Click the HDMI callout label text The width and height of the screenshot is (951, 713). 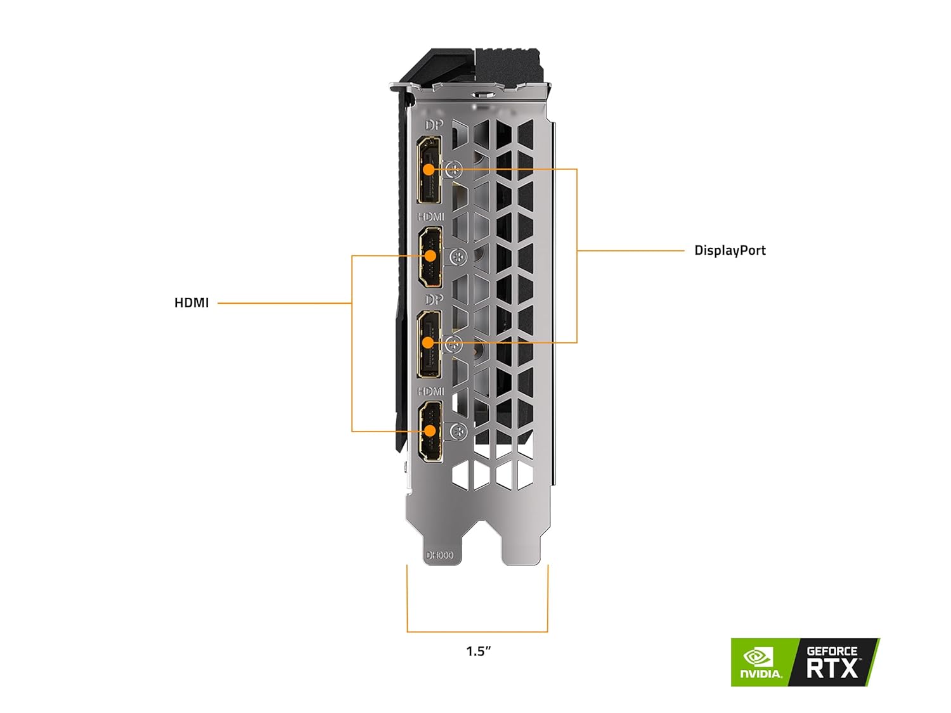point(191,303)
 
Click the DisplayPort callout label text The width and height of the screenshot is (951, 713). point(730,250)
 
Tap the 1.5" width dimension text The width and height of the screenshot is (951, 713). point(479,651)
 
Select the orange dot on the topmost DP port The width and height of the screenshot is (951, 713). point(429,170)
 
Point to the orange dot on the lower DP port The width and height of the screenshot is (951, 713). point(429,343)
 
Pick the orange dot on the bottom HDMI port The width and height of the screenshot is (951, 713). point(430,432)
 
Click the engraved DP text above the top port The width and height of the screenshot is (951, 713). point(434,125)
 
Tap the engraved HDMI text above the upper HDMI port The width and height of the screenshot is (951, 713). point(431,217)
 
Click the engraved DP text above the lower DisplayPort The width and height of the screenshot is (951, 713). point(434,299)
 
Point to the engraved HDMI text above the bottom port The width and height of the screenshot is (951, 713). point(431,392)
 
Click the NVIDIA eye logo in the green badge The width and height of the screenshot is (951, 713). point(757,655)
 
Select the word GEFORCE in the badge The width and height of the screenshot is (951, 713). point(832,651)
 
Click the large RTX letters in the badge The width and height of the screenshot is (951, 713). point(832,668)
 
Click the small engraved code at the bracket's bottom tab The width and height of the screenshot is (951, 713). point(439,555)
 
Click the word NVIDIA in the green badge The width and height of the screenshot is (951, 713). point(761,674)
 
